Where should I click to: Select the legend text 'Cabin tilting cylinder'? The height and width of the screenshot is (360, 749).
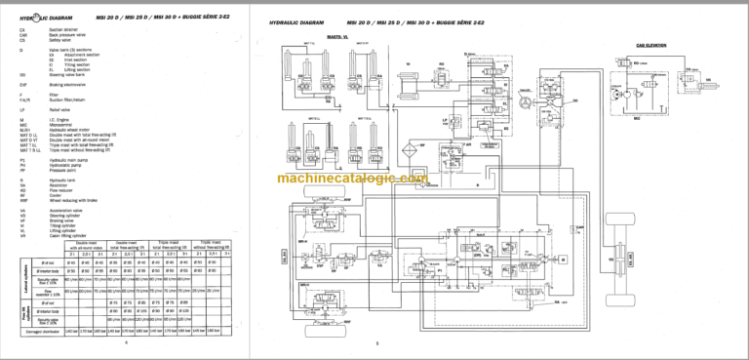click(70, 230)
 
